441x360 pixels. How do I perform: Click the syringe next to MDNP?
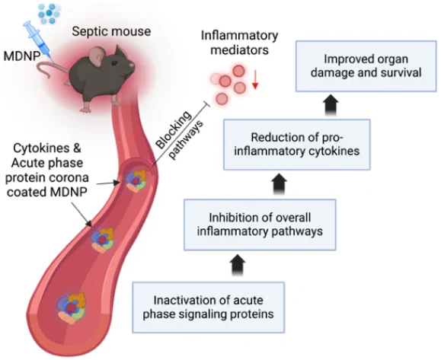pyautogui.click(x=40, y=42)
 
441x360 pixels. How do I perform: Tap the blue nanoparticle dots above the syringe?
pyautogui.click(x=49, y=13)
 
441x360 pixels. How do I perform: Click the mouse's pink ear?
pyautogui.click(x=97, y=56)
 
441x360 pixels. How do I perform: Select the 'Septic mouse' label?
pyautogui.click(x=111, y=31)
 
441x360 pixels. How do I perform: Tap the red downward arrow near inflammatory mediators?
pyautogui.click(x=255, y=80)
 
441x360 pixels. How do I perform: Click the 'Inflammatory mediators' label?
pyautogui.click(x=239, y=43)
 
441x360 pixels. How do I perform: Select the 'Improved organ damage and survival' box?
pyautogui.click(x=366, y=66)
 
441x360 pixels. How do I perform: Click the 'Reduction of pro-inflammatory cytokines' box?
pyautogui.click(x=297, y=145)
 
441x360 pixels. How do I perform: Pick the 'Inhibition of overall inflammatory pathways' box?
pyautogui.click(x=260, y=225)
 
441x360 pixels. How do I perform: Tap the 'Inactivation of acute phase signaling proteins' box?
pyautogui.click(x=208, y=307)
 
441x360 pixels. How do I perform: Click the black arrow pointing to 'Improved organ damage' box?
pyautogui.click(x=331, y=104)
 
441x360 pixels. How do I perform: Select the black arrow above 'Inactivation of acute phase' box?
pyautogui.click(x=238, y=265)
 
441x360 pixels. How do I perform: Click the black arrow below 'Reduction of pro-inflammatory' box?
pyautogui.click(x=280, y=184)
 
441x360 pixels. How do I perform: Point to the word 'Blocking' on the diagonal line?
pyautogui.click(x=174, y=130)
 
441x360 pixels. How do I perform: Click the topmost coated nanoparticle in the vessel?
pyautogui.click(x=136, y=180)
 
